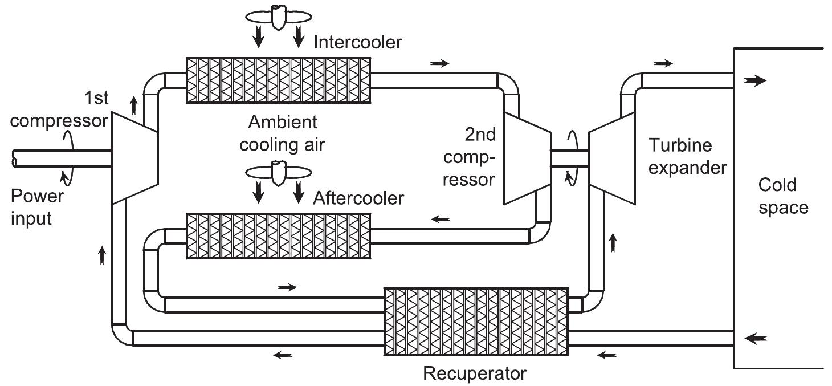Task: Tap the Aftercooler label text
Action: pos(358,198)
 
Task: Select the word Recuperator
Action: pos(474,373)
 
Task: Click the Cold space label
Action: pos(783,196)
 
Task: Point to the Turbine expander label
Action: pos(688,157)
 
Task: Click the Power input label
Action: pos(36,207)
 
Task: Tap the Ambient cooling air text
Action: pos(282,133)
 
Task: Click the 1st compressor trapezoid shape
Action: pos(135,157)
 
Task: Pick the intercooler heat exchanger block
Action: pos(279,80)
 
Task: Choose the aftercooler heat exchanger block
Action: pos(279,235)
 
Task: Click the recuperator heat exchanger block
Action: pos(476,321)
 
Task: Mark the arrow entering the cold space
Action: pos(755,81)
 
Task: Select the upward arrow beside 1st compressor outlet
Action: pos(134,105)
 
